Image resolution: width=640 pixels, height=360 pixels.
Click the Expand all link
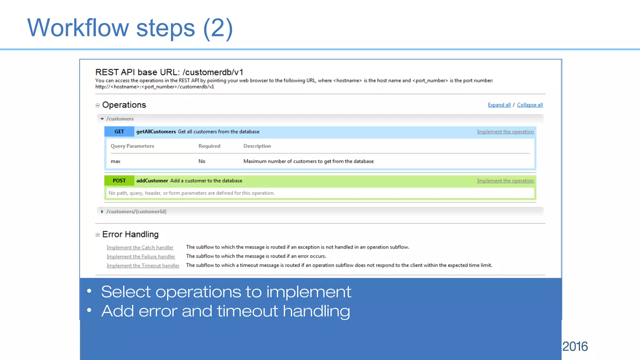pyautogui.click(x=499, y=105)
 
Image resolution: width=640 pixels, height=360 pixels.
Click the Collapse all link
pyautogui.click(x=530, y=105)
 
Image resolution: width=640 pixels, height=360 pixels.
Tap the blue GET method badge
pyautogui.click(x=119, y=132)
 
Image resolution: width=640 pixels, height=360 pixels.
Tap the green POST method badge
pyautogui.click(x=119, y=181)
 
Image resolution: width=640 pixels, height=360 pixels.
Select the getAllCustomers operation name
pyautogui.click(x=156, y=132)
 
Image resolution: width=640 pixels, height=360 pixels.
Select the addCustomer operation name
pyautogui.click(x=152, y=181)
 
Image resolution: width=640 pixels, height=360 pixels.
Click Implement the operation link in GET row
pyautogui.click(x=505, y=132)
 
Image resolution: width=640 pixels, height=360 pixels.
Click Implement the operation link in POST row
pyautogui.click(x=505, y=181)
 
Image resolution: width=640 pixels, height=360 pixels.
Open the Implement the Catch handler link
pyautogui.click(x=140, y=247)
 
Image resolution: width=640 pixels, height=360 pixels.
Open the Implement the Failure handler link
pyautogui.click(x=141, y=257)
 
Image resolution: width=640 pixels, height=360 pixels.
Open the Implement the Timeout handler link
pyautogui.click(x=143, y=266)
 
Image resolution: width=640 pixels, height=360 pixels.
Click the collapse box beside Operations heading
pyautogui.click(x=97, y=106)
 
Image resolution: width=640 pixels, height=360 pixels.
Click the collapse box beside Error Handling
pyautogui.click(x=97, y=235)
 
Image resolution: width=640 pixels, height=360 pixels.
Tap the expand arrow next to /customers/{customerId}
pyautogui.click(x=102, y=212)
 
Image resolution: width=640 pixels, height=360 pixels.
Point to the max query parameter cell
pyautogui.click(x=116, y=161)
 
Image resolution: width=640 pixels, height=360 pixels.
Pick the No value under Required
pyautogui.click(x=202, y=161)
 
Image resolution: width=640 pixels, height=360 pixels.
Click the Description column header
pyautogui.click(x=257, y=146)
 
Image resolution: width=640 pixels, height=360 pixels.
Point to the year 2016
pyautogui.click(x=575, y=346)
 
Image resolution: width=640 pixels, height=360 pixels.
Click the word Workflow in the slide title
pyautogui.click(x=78, y=28)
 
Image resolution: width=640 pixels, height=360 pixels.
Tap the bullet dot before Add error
pyautogui.click(x=89, y=310)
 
